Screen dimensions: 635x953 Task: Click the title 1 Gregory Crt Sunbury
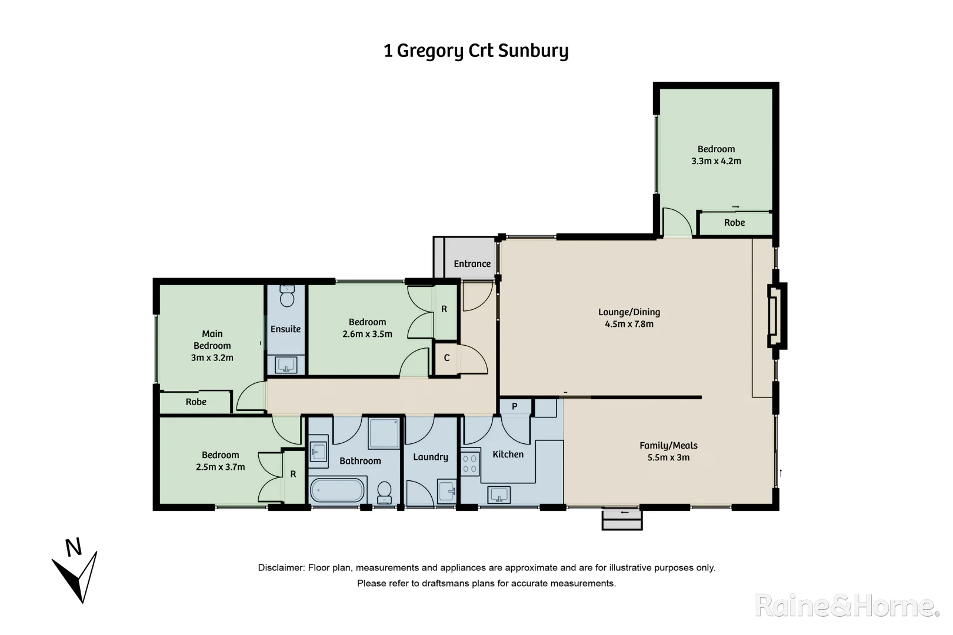click(x=476, y=51)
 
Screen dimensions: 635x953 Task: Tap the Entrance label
click(x=472, y=264)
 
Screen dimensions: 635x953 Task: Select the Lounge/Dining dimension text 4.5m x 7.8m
click(x=629, y=324)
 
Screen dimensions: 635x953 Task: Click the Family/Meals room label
click(x=668, y=446)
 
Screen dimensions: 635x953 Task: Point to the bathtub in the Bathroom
click(x=338, y=490)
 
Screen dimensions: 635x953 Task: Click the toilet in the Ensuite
click(x=287, y=297)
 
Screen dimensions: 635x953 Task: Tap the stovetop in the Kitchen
click(x=469, y=463)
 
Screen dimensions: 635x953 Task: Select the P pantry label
click(x=514, y=406)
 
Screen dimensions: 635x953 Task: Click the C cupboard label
click(x=446, y=357)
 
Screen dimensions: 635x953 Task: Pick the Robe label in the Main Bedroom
click(x=196, y=402)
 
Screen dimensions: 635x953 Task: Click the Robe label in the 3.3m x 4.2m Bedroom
click(x=734, y=223)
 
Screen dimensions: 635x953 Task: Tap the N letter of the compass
click(x=74, y=548)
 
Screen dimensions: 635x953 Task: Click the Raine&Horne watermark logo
click(x=847, y=606)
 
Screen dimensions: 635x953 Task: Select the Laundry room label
click(x=430, y=457)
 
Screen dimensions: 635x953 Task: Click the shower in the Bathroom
click(x=384, y=433)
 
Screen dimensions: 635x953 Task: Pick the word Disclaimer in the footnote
click(x=281, y=568)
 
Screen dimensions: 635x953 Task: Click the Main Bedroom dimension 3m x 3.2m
click(x=212, y=357)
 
